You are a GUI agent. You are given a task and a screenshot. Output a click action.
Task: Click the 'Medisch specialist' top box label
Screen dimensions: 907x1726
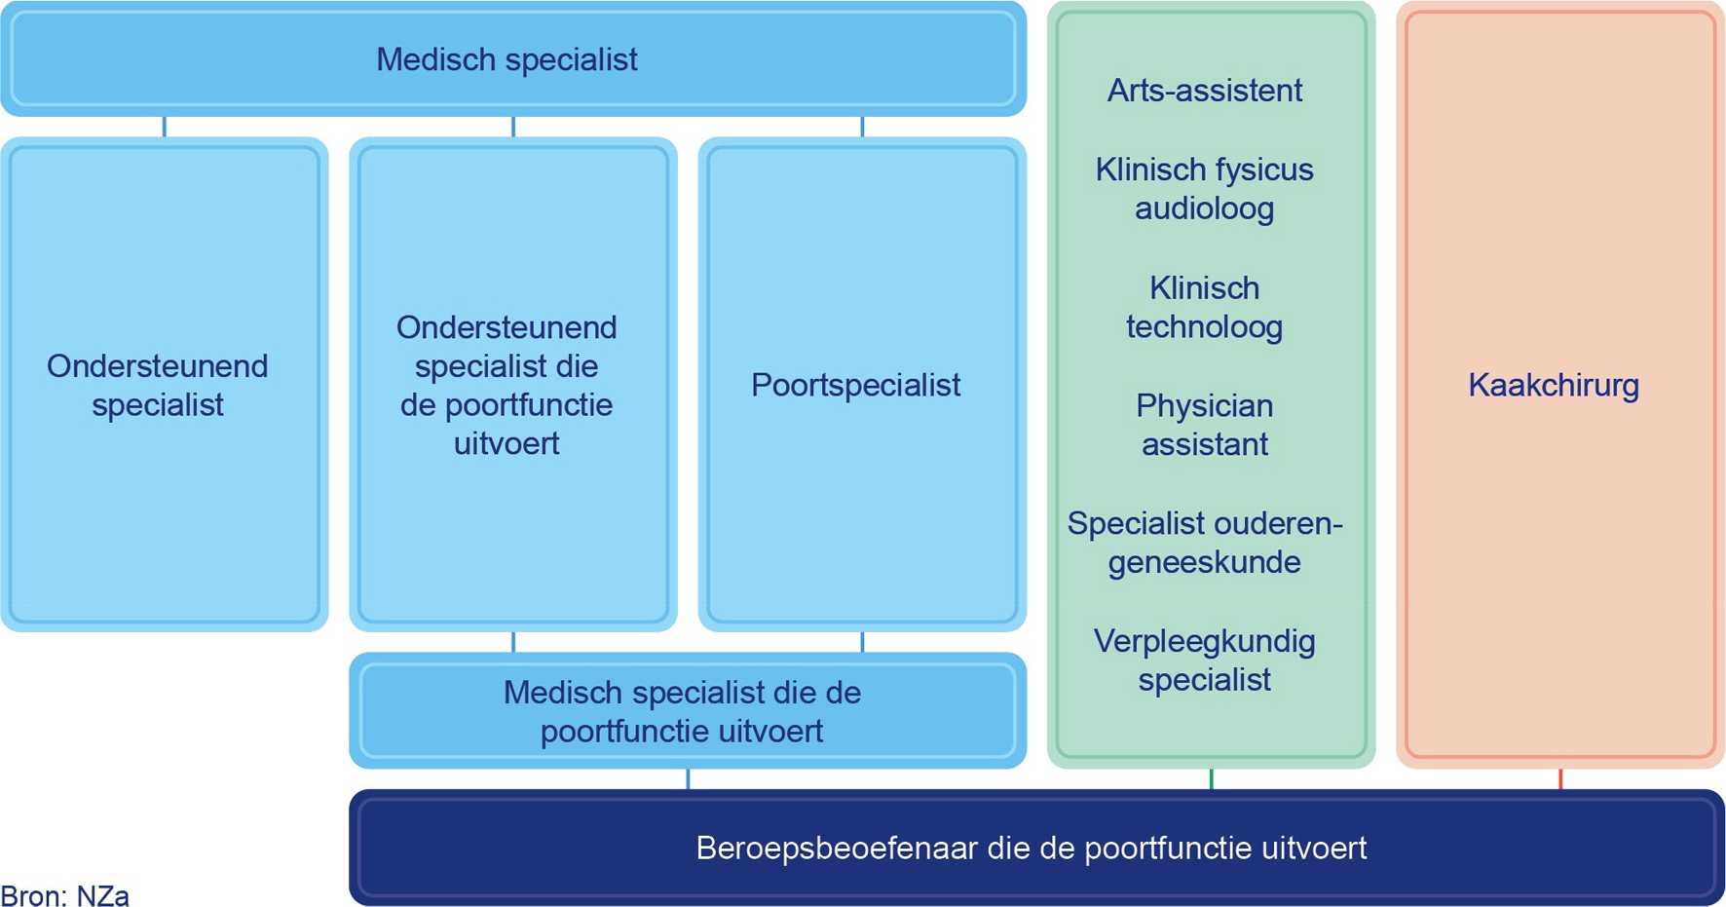(507, 59)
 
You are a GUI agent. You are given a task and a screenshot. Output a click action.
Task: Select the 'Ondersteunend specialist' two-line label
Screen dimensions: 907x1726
(158, 385)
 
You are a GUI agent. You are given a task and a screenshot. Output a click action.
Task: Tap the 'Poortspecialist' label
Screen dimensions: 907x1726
(855, 385)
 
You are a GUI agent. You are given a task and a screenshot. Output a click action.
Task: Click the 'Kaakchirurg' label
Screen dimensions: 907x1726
(1554, 385)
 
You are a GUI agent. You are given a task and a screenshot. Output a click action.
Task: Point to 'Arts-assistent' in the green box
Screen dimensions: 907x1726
(1205, 91)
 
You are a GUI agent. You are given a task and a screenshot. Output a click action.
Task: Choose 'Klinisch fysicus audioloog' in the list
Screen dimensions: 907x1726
(1205, 189)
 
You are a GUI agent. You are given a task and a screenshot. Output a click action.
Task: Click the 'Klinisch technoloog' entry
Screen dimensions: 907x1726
(1205, 307)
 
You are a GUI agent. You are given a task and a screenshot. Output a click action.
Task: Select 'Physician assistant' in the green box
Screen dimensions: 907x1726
(1205, 425)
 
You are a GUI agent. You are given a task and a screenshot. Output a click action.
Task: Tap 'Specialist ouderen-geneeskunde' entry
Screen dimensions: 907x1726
(1205, 543)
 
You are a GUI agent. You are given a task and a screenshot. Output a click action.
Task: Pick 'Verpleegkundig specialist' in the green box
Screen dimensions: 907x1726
(1205, 661)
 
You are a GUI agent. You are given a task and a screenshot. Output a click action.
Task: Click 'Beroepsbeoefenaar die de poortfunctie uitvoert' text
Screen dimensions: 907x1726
(1032, 848)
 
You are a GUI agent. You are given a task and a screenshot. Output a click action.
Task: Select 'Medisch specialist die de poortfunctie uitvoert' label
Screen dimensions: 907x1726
(682, 711)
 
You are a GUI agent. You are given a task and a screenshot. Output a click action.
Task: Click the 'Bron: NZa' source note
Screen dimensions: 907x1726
(64, 895)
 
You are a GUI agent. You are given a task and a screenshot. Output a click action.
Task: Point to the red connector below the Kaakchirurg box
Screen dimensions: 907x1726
(1560, 778)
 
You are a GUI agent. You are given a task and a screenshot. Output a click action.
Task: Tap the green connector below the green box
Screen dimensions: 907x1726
(1211, 778)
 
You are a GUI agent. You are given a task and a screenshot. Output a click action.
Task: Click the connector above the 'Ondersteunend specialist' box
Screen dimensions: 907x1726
(165, 127)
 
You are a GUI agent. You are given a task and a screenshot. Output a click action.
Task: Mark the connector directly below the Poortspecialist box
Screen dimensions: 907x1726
(862, 642)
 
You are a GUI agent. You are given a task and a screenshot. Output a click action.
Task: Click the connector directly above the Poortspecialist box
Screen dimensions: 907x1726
(862, 127)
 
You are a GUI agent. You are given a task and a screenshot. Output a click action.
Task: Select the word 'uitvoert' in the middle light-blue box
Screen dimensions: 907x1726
(507, 443)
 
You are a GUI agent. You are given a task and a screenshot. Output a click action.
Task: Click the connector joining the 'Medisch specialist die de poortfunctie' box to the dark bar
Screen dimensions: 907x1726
(688, 778)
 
